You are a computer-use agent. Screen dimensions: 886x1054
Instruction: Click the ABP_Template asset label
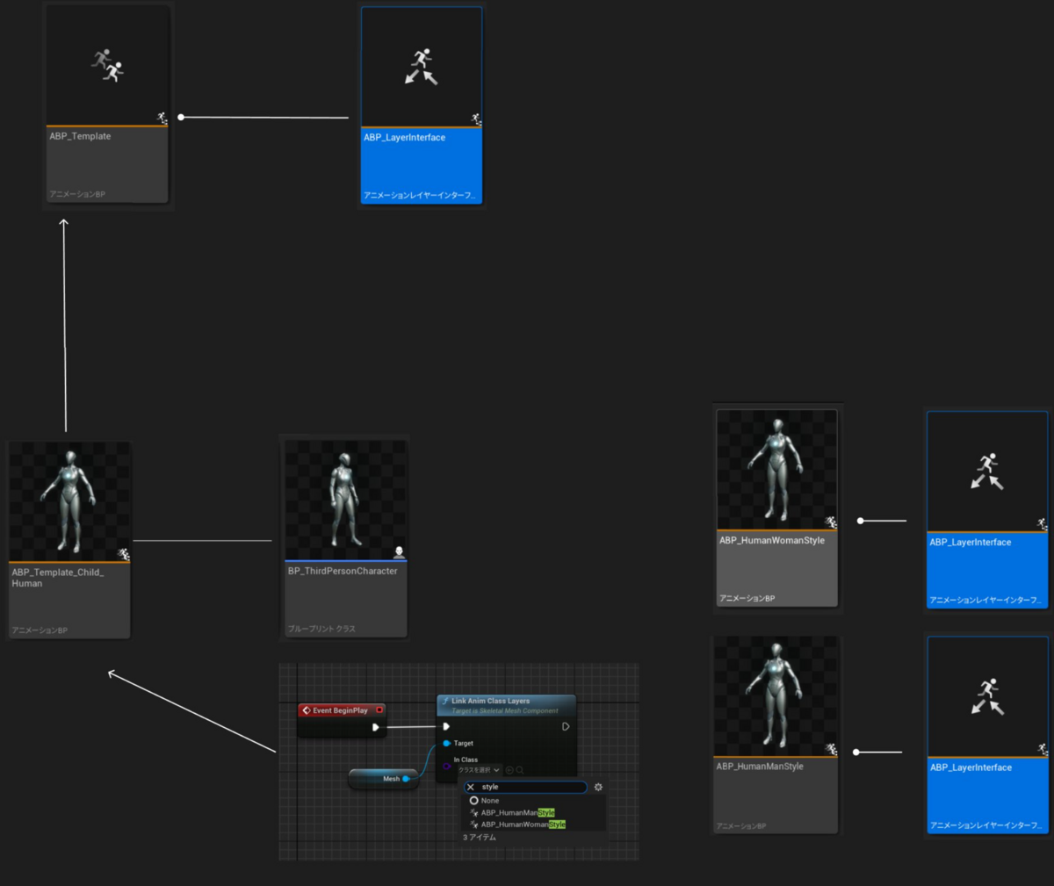(x=80, y=136)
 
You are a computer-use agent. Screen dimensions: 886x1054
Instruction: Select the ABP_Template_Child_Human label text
(x=57, y=578)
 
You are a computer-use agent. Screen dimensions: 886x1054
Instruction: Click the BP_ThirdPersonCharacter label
(x=343, y=571)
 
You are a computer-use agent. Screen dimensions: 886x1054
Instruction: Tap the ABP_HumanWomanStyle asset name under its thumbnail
(x=771, y=540)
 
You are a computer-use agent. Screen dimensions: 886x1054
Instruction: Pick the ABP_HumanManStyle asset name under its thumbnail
(x=760, y=767)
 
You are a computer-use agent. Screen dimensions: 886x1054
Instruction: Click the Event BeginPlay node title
(x=340, y=710)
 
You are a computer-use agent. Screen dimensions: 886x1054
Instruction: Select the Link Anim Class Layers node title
(x=490, y=701)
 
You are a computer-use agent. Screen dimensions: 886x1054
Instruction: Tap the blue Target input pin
(x=447, y=743)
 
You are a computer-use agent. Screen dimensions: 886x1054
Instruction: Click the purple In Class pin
(x=447, y=766)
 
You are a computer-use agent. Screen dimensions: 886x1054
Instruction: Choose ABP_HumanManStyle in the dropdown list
(x=517, y=813)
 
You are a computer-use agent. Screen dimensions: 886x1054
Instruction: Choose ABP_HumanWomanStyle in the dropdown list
(x=523, y=825)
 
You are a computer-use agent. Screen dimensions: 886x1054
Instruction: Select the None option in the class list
(x=489, y=801)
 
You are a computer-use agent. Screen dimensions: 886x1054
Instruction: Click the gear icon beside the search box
(x=598, y=787)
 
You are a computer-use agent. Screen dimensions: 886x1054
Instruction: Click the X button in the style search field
(x=471, y=787)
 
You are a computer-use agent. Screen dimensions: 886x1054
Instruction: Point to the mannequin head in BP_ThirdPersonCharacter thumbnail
(x=344, y=459)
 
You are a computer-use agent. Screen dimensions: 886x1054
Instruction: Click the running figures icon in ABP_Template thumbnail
(x=107, y=65)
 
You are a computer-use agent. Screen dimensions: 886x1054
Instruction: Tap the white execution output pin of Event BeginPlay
(x=376, y=727)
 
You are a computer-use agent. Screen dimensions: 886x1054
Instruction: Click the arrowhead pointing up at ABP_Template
(x=63, y=223)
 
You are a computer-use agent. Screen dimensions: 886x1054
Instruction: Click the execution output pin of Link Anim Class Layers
(x=566, y=726)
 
